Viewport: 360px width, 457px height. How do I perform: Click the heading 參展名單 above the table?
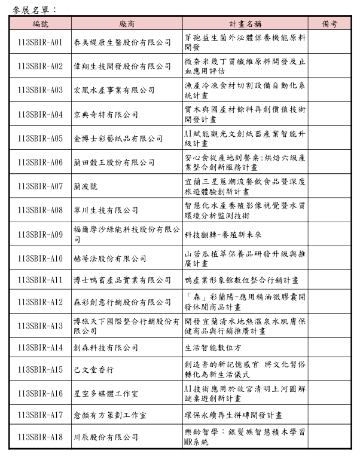34,9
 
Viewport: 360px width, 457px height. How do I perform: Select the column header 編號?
40,24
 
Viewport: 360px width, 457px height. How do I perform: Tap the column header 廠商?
127,24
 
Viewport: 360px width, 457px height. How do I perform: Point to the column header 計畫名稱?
246,24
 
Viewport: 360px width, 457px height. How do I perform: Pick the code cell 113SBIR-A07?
40,186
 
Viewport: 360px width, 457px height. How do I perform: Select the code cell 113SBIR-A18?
40,437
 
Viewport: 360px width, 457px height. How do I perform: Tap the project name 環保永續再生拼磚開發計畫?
233,415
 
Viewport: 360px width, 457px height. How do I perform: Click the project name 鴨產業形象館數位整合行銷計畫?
242,280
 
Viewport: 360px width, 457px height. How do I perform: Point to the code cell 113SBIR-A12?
40,302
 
